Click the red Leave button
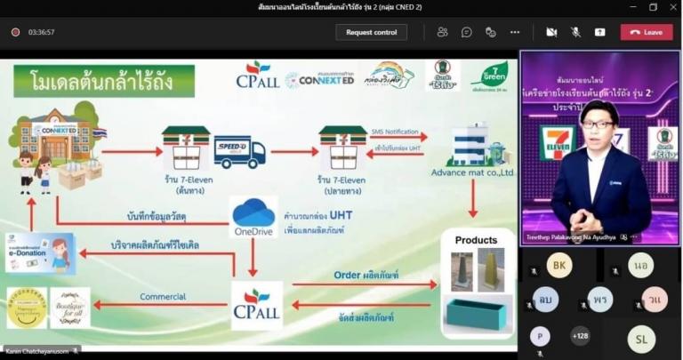(x=647, y=32)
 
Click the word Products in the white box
(x=476, y=240)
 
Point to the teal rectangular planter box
(x=478, y=312)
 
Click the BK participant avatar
(x=559, y=265)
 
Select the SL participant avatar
(x=640, y=338)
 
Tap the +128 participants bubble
(x=580, y=336)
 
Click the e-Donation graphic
(x=40, y=253)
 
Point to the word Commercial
(x=164, y=297)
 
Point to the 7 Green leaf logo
(x=489, y=76)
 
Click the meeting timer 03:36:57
(x=41, y=32)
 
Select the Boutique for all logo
(x=70, y=307)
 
